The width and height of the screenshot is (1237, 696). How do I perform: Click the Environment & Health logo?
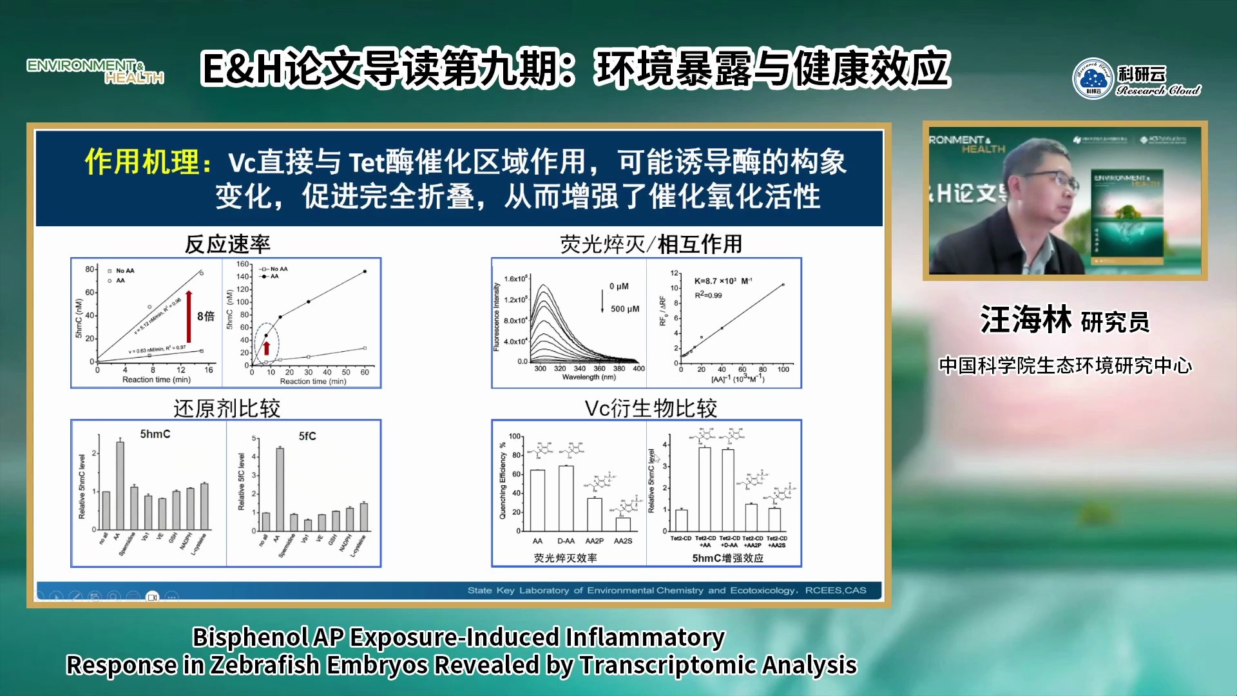(x=95, y=71)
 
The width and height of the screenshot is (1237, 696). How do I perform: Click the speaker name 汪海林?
(x=1026, y=320)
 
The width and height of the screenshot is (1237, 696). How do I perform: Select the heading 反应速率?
(x=227, y=244)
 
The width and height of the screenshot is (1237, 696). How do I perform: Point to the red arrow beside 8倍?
(x=189, y=316)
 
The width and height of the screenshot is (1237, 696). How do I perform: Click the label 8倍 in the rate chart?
(x=206, y=316)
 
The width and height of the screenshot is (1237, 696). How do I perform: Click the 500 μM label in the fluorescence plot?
(x=625, y=309)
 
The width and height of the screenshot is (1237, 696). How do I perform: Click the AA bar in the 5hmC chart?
(x=120, y=485)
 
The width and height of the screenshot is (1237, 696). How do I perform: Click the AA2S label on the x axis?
(x=623, y=541)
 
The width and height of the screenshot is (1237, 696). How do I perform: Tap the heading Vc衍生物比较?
(x=651, y=408)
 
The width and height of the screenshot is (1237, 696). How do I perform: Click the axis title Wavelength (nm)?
(x=589, y=378)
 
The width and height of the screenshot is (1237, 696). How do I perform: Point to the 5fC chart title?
(x=307, y=436)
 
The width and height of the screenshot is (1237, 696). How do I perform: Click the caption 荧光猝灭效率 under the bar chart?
(x=565, y=558)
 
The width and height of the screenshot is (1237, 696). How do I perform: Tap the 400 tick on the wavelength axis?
(x=638, y=369)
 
